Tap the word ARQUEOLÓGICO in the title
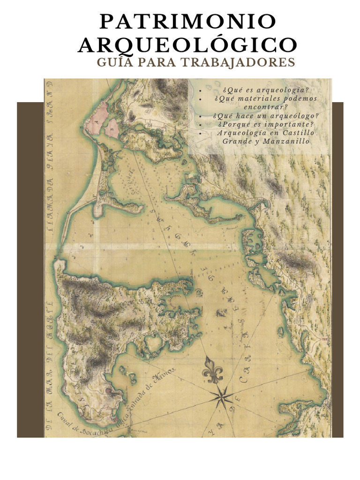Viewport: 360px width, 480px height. coord(187,45)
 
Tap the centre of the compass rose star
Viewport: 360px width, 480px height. coord(221,397)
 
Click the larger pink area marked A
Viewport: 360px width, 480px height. coord(100,118)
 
